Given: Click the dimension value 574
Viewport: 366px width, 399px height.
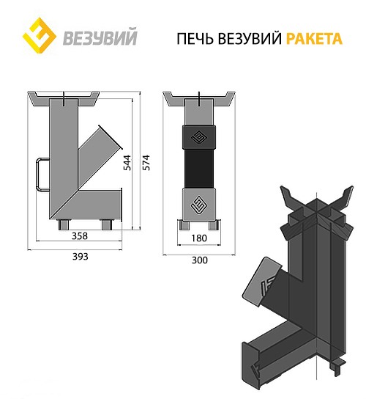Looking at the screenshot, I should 146,162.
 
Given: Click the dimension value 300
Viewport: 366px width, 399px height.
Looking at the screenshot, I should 199,260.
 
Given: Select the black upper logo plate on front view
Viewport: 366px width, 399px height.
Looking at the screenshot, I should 199,136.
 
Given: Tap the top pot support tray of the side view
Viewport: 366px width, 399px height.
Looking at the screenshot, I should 64,98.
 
